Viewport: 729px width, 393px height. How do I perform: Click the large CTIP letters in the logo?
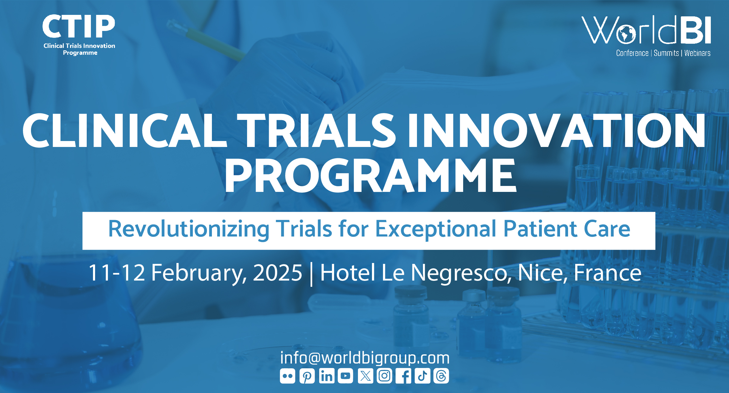coord(78,26)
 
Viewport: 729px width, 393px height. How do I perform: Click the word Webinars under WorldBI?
coord(697,53)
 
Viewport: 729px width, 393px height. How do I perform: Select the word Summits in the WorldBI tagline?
coord(666,53)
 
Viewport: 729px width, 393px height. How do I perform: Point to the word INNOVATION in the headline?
coord(556,131)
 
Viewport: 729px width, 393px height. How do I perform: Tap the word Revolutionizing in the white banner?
coord(188,229)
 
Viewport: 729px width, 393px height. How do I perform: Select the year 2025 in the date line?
coord(277,273)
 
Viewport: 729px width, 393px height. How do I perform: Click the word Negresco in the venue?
coord(459,273)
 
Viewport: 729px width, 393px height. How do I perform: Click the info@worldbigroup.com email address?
coord(364,358)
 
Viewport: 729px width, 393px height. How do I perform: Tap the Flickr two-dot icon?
coord(287,376)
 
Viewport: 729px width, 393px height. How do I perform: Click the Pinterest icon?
coord(307,376)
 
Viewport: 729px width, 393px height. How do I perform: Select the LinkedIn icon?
coord(327,376)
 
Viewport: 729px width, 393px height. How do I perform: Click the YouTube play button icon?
coord(345,376)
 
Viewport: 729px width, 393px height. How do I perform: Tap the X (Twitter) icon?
coord(365,376)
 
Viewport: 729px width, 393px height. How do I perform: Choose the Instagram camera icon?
coord(384,376)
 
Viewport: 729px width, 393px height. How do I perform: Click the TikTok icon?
coord(422,376)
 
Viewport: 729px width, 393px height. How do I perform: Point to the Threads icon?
coord(441,376)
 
